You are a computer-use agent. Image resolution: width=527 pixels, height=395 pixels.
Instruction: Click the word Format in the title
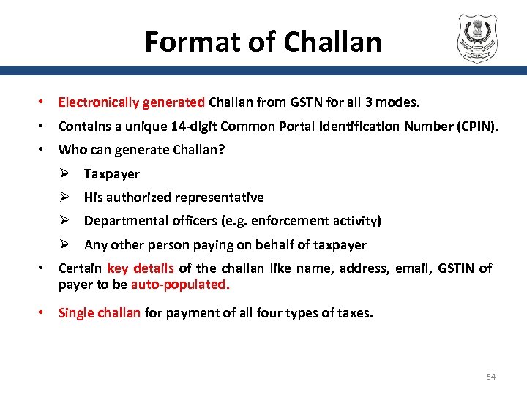(x=180, y=42)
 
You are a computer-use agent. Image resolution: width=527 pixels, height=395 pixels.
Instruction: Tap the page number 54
(x=491, y=377)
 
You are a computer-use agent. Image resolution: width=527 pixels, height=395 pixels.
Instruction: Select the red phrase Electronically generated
(x=132, y=102)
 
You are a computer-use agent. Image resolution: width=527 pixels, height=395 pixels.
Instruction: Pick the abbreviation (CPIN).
(x=477, y=127)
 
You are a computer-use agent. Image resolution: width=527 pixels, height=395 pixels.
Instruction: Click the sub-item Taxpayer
(x=111, y=174)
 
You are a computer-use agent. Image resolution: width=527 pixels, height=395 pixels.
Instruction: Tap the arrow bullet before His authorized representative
(x=65, y=197)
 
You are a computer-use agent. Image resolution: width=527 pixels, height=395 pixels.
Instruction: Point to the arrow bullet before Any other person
(x=65, y=245)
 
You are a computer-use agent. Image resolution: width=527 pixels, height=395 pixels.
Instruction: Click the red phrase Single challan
(x=100, y=313)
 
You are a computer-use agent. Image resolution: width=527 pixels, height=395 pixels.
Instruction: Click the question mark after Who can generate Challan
(x=223, y=150)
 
